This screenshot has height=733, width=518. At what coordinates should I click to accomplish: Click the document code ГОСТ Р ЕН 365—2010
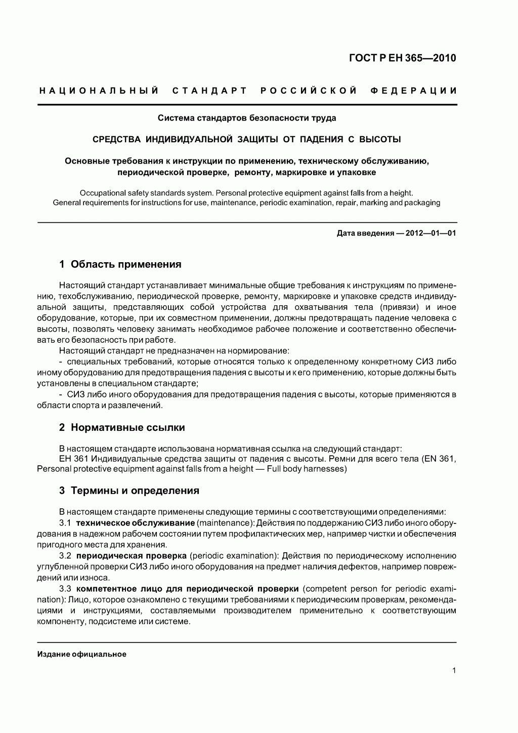tap(402, 58)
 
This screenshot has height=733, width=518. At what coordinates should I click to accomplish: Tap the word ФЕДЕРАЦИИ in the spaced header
tap(413, 91)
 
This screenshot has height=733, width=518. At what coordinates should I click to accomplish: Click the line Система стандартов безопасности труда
tap(247, 118)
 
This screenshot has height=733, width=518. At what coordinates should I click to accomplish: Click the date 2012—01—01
tap(430, 234)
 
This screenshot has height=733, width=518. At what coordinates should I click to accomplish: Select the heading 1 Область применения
tap(120, 264)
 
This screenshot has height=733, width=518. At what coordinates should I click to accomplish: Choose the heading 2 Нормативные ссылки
tap(122, 427)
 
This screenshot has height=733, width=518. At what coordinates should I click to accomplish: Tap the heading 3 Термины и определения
tap(129, 491)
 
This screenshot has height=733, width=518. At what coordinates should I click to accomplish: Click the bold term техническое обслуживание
tap(136, 522)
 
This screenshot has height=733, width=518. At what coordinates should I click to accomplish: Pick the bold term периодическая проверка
tap(133, 555)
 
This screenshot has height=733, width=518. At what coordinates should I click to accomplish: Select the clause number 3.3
tap(65, 589)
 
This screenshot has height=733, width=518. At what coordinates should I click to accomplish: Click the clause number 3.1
tap(65, 522)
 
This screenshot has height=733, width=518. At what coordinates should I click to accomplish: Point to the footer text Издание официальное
tap(82, 654)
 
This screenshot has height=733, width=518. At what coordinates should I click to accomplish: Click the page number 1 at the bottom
tap(454, 671)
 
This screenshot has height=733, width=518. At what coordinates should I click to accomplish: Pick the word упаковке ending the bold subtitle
tap(358, 172)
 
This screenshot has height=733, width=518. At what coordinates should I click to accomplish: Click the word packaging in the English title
tap(421, 202)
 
